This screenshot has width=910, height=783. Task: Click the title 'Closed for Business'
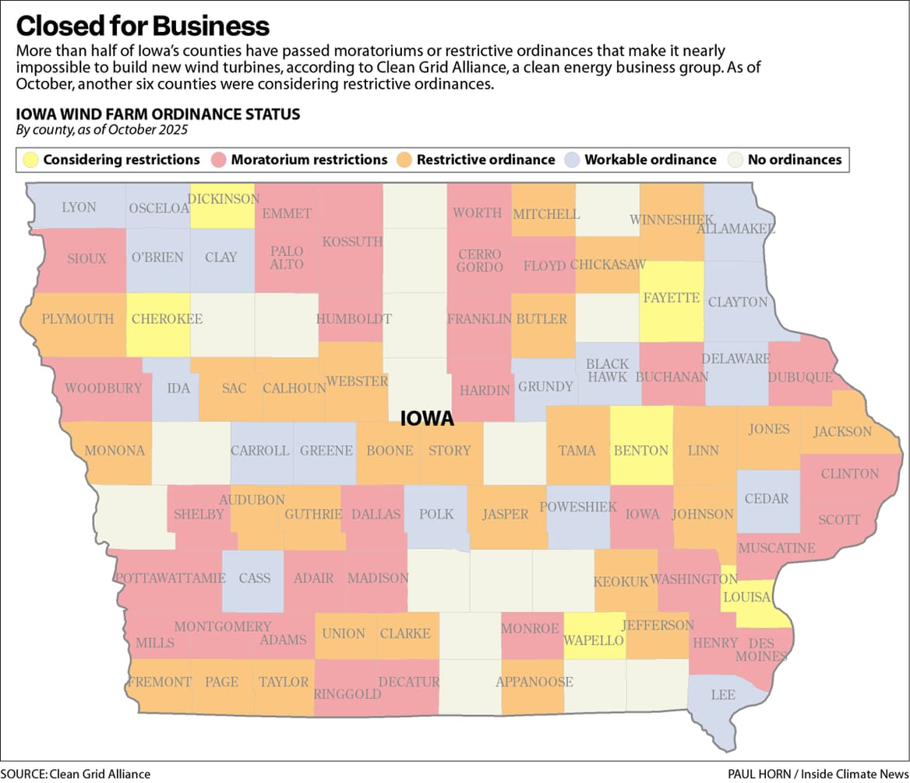tap(143, 26)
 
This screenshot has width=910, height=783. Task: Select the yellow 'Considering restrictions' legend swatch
tap(30, 160)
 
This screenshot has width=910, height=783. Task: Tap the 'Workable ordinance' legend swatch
tap(572, 160)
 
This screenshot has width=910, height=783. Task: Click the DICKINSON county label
tap(223, 199)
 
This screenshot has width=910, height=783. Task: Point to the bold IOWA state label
tap(426, 420)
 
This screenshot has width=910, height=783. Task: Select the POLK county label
tap(436, 514)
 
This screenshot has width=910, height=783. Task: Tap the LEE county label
tap(723, 695)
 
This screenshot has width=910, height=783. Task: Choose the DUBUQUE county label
tap(800, 377)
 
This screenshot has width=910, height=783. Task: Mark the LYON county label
tap(79, 207)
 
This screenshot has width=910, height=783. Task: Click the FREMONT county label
tap(160, 682)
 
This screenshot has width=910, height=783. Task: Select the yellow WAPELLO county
tap(594, 640)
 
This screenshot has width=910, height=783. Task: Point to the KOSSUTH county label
tap(352, 241)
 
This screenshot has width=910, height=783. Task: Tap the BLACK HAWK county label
tap(601, 370)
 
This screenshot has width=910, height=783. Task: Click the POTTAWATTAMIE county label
tap(171, 578)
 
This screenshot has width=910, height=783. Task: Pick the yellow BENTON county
tap(641, 450)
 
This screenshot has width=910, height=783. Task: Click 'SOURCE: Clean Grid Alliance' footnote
tap(76, 774)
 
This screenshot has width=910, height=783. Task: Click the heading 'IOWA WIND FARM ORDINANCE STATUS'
tap(157, 114)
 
